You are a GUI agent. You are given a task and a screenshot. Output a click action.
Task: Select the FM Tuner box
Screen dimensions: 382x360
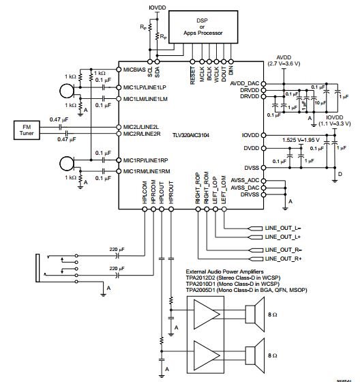[27, 129]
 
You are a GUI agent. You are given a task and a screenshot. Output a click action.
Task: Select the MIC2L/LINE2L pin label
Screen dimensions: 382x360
[141, 127]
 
